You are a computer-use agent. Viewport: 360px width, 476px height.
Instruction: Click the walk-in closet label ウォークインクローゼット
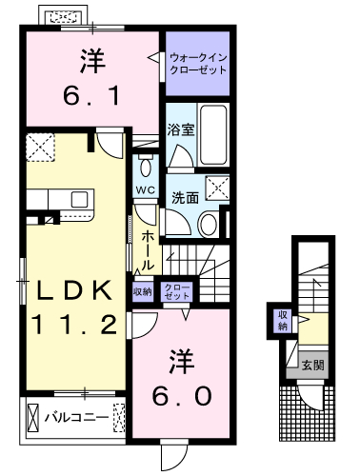click(x=198, y=64)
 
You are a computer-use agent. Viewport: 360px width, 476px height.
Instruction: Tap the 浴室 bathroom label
click(x=181, y=129)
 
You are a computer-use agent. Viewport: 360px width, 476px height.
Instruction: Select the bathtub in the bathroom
click(x=213, y=134)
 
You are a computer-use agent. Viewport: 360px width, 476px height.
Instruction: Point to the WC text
click(x=146, y=190)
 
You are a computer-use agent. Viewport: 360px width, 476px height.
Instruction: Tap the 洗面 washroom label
click(x=185, y=198)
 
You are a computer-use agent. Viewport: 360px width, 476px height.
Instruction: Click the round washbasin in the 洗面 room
click(x=208, y=225)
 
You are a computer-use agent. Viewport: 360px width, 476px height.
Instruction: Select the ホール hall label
click(x=148, y=250)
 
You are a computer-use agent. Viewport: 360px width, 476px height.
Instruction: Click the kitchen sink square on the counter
click(x=79, y=199)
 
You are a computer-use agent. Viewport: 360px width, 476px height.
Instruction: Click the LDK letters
click(x=74, y=290)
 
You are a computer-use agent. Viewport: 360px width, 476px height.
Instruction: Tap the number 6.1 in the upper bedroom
click(x=91, y=95)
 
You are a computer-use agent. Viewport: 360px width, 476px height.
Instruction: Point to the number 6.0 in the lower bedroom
click(x=182, y=396)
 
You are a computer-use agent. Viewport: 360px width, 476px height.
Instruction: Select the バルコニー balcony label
click(x=76, y=417)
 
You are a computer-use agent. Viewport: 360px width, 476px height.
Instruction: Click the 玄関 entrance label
click(x=312, y=366)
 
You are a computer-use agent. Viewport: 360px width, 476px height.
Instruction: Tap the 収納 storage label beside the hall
click(x=143, y=291)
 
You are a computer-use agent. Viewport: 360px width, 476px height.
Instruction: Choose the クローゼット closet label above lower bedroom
click(x=177, y=291)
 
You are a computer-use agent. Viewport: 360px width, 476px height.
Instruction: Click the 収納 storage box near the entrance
click(x=282, y=321)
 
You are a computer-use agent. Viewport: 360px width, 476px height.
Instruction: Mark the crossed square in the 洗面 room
click(x=217, y=188)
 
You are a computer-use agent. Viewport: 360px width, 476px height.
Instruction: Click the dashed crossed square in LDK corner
click(x=40, y=148)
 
